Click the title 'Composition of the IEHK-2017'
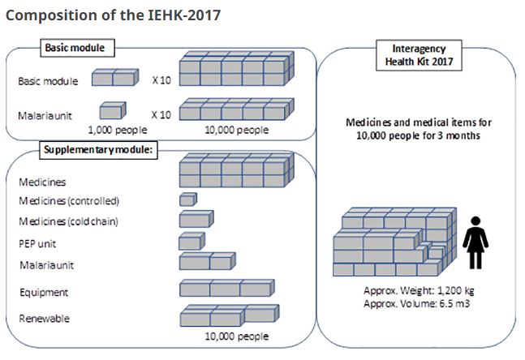pyautogui.click(x=113, y=15)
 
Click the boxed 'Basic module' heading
pyautogui.click(x=77, y=48)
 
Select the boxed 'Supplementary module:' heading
pyautogui.click(x=98, y=150)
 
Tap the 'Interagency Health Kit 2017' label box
pyautogui.click(x=419, y=55)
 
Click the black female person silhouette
pyautogui.click(x=476, y=242)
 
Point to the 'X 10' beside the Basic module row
pyautogui.click(x=161, y=80)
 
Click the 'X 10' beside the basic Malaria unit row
pyautogui.click(x=161, y=115)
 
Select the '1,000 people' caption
pyautogui.click(x=118, y=130)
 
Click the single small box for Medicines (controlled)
pyautogui.click(x=188, y=199)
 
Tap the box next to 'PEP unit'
pyautogui.click(x=191, y=241)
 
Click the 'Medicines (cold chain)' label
pyautogui.click(x=69, y=221)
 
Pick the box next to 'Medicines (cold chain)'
pyautogui.click(x=196, y=219)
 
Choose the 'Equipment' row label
pyautogui.click(x=44, y=293)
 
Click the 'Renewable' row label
pyautogui.click(x=44, y=319)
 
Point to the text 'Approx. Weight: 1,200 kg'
pyautogui.click(x=419, y=290)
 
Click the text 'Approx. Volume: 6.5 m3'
pyautogui.click(x=416, y=304)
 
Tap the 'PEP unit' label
pyautogui.click(x=37, y=244)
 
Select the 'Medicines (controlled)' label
pyautogui.click(x=69, y=201)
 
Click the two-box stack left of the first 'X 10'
pyautogui.click(x=115, y=77)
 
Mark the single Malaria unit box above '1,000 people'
pyautogui.click(x=113, y=110)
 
